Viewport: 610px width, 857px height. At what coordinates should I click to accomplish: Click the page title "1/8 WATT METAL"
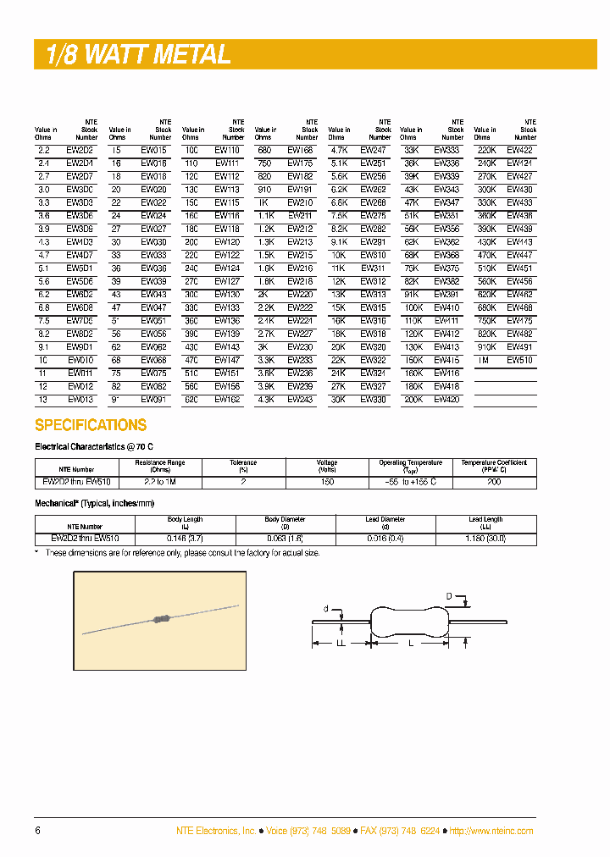(133, 55)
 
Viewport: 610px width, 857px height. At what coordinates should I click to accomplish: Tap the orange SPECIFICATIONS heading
(91, 425)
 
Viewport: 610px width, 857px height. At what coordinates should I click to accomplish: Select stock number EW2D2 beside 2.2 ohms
(79, 150)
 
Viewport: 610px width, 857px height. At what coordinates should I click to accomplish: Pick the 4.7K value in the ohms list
(339, 150)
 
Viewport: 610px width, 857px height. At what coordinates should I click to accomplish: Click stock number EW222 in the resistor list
(300, 307)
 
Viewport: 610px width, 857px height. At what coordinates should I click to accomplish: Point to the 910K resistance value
(486, 347)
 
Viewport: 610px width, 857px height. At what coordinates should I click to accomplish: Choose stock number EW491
(519, 347)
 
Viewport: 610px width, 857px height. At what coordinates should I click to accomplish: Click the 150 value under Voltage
(327, 481)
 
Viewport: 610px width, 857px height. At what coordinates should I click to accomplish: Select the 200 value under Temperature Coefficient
(494, 481)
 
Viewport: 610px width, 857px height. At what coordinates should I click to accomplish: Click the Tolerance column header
(244, 466)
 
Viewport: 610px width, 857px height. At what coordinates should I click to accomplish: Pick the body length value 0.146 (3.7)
(185, 538)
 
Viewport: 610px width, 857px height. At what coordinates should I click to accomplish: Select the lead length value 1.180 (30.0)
(485, 538)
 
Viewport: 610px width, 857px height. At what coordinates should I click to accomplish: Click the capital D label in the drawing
(449, 596)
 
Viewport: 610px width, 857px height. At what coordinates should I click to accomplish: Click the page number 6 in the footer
(37, 831)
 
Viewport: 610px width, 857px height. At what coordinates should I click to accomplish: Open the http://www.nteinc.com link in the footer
(491, 832)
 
